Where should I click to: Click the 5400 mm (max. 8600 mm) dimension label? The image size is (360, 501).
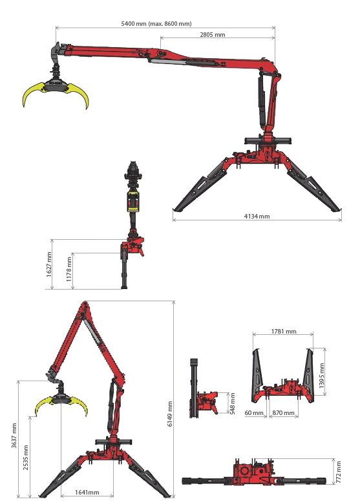pyautogui.click(x=156, y=24)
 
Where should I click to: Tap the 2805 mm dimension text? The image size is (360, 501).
pyautogui.click(x=213, y=34)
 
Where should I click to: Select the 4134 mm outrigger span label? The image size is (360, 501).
pyautogui.click(x=257, y=217)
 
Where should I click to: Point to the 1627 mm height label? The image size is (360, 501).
pyautogui.click(x=48, y=264)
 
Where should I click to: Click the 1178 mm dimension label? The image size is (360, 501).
pyautogui.click(x=69, y=269)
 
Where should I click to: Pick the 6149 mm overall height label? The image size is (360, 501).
pyautogui.click(x=169, y=414)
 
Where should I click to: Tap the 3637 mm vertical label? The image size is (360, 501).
pyautogui.click(x=14, y=436)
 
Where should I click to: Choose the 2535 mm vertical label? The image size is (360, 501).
pyautogui.click(x=26, y=457)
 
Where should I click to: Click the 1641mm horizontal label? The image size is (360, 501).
pyautogui.click(x=87, y=493)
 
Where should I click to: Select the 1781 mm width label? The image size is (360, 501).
pyautogui.click(x=284, y=332)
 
